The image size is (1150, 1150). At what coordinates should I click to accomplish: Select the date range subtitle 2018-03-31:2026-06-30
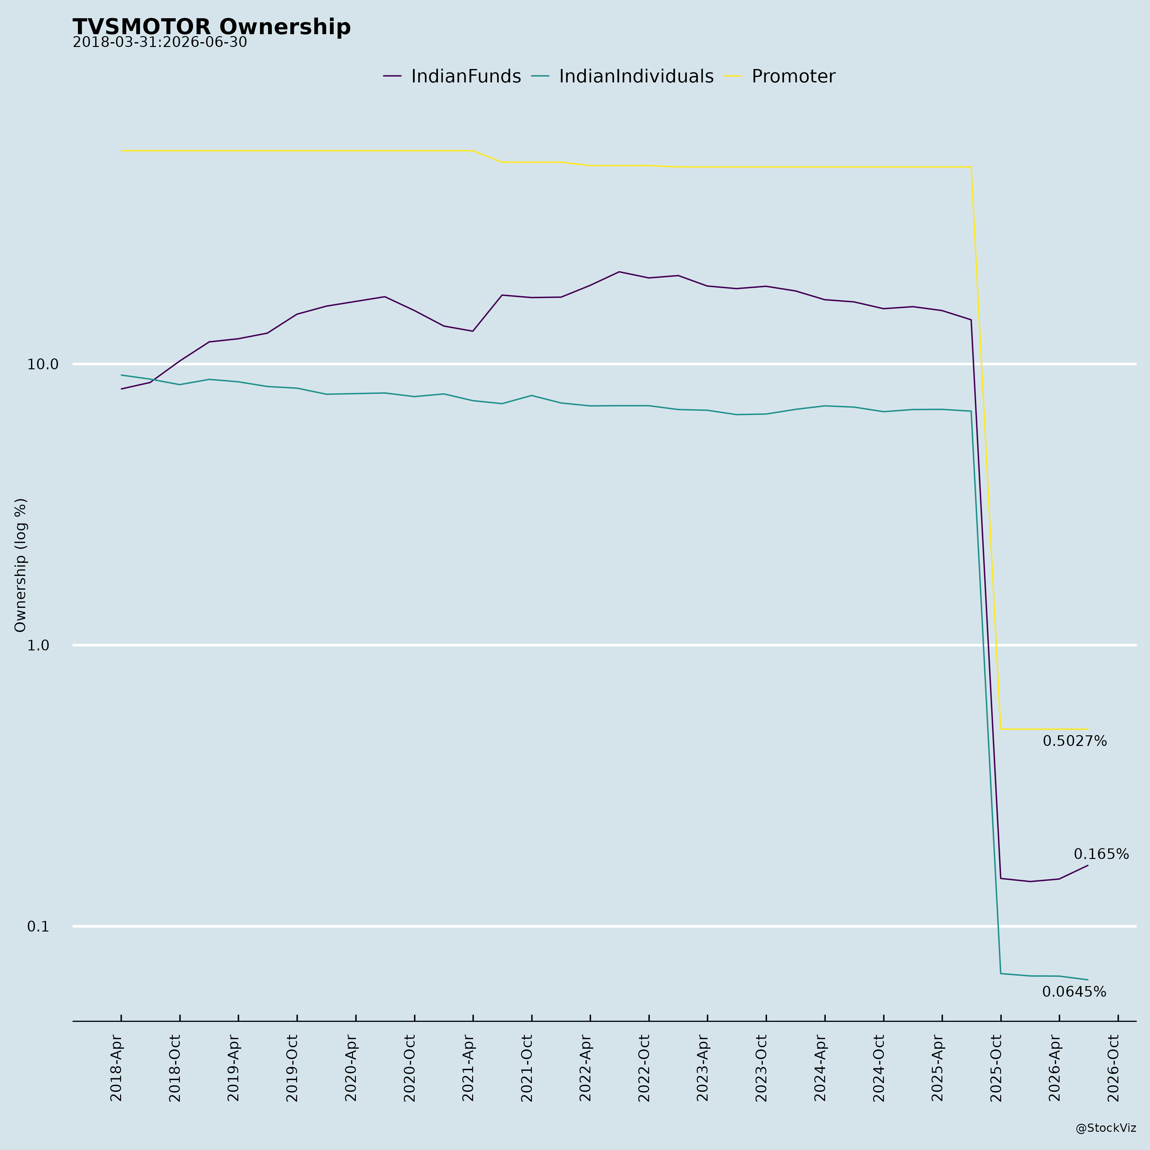click(159, 43)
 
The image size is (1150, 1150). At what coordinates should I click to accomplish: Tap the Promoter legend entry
click(780, 77)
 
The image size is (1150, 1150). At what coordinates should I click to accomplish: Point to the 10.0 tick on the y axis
click(43, 364)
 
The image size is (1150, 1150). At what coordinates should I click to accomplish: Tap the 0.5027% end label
click(1074, 741)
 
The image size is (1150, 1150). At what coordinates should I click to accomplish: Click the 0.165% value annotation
click(1101, 854)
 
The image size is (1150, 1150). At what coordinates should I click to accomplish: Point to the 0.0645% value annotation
click(1074, 992)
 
